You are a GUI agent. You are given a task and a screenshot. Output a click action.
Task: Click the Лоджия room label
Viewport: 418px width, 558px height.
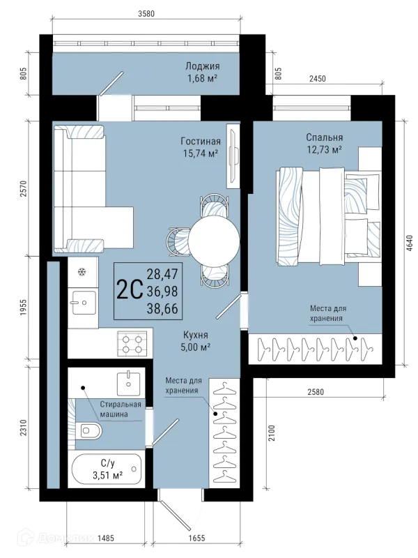[203, 66]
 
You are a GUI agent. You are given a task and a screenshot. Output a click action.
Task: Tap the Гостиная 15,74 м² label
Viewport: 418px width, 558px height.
[201, 147]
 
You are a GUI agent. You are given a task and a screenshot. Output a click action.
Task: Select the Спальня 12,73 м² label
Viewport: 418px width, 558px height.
[325, 144]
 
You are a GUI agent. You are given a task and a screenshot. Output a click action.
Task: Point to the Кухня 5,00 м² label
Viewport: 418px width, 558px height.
[196, 341]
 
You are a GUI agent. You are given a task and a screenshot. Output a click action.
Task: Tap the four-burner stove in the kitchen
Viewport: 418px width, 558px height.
[132, 343]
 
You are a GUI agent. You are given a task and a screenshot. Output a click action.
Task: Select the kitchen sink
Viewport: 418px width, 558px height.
[84, 303]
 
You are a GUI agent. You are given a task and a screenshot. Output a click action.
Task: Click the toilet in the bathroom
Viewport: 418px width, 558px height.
[89, 431]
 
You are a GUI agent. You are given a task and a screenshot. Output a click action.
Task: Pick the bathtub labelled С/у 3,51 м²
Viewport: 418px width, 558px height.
[107, 469]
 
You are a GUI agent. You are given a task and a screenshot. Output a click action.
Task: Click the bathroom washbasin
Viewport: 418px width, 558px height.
[128, 382]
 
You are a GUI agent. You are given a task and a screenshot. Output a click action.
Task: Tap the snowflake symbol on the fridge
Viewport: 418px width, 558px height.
[82, 272]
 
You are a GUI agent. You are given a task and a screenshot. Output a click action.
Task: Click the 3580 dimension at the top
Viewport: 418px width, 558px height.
[146, 14]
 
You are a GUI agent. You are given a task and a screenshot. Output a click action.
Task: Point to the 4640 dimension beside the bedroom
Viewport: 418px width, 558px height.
[409, 243]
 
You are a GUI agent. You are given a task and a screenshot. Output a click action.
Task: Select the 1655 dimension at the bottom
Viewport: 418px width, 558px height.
[196, 538]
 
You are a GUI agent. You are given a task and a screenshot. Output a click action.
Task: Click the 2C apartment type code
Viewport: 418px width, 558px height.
[130, 290]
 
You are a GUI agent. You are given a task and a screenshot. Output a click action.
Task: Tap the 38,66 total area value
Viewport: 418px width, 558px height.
[162, 309]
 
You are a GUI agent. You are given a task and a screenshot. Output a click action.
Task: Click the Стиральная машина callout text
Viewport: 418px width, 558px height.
[120, 409]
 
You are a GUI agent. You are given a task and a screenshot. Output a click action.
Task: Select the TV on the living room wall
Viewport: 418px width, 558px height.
[233, 156]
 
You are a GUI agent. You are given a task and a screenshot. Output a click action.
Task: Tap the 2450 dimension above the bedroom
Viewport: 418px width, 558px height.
[318, 79]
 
